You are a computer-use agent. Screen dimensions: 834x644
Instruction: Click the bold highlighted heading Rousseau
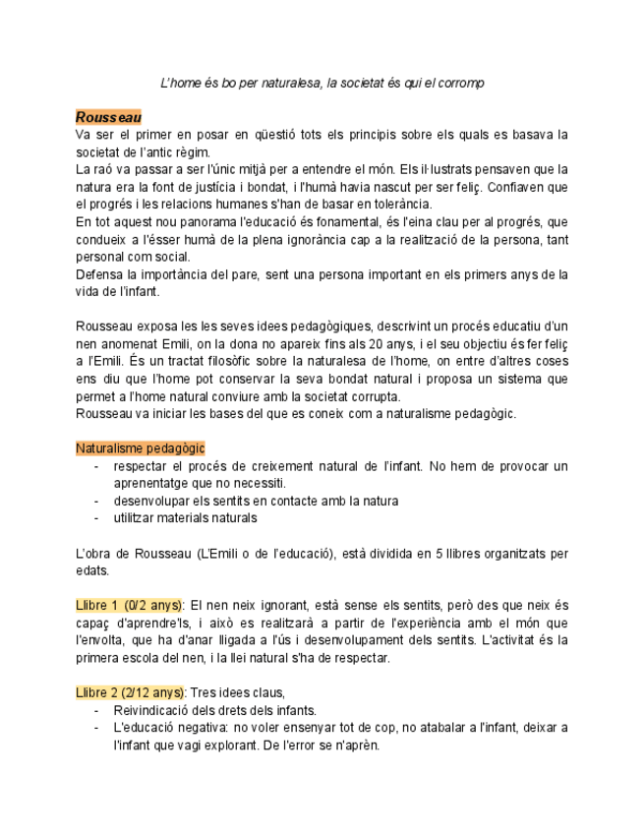(109, 117)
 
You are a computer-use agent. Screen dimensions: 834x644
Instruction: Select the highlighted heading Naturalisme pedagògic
(140, 448)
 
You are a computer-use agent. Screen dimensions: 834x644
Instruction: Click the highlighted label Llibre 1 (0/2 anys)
(129, 605)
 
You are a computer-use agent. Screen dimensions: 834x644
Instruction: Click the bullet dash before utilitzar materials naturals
(96, 518)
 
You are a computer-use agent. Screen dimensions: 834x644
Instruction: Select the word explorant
(213, 745)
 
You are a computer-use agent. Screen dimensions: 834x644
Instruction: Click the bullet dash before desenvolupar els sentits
(96, 501)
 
